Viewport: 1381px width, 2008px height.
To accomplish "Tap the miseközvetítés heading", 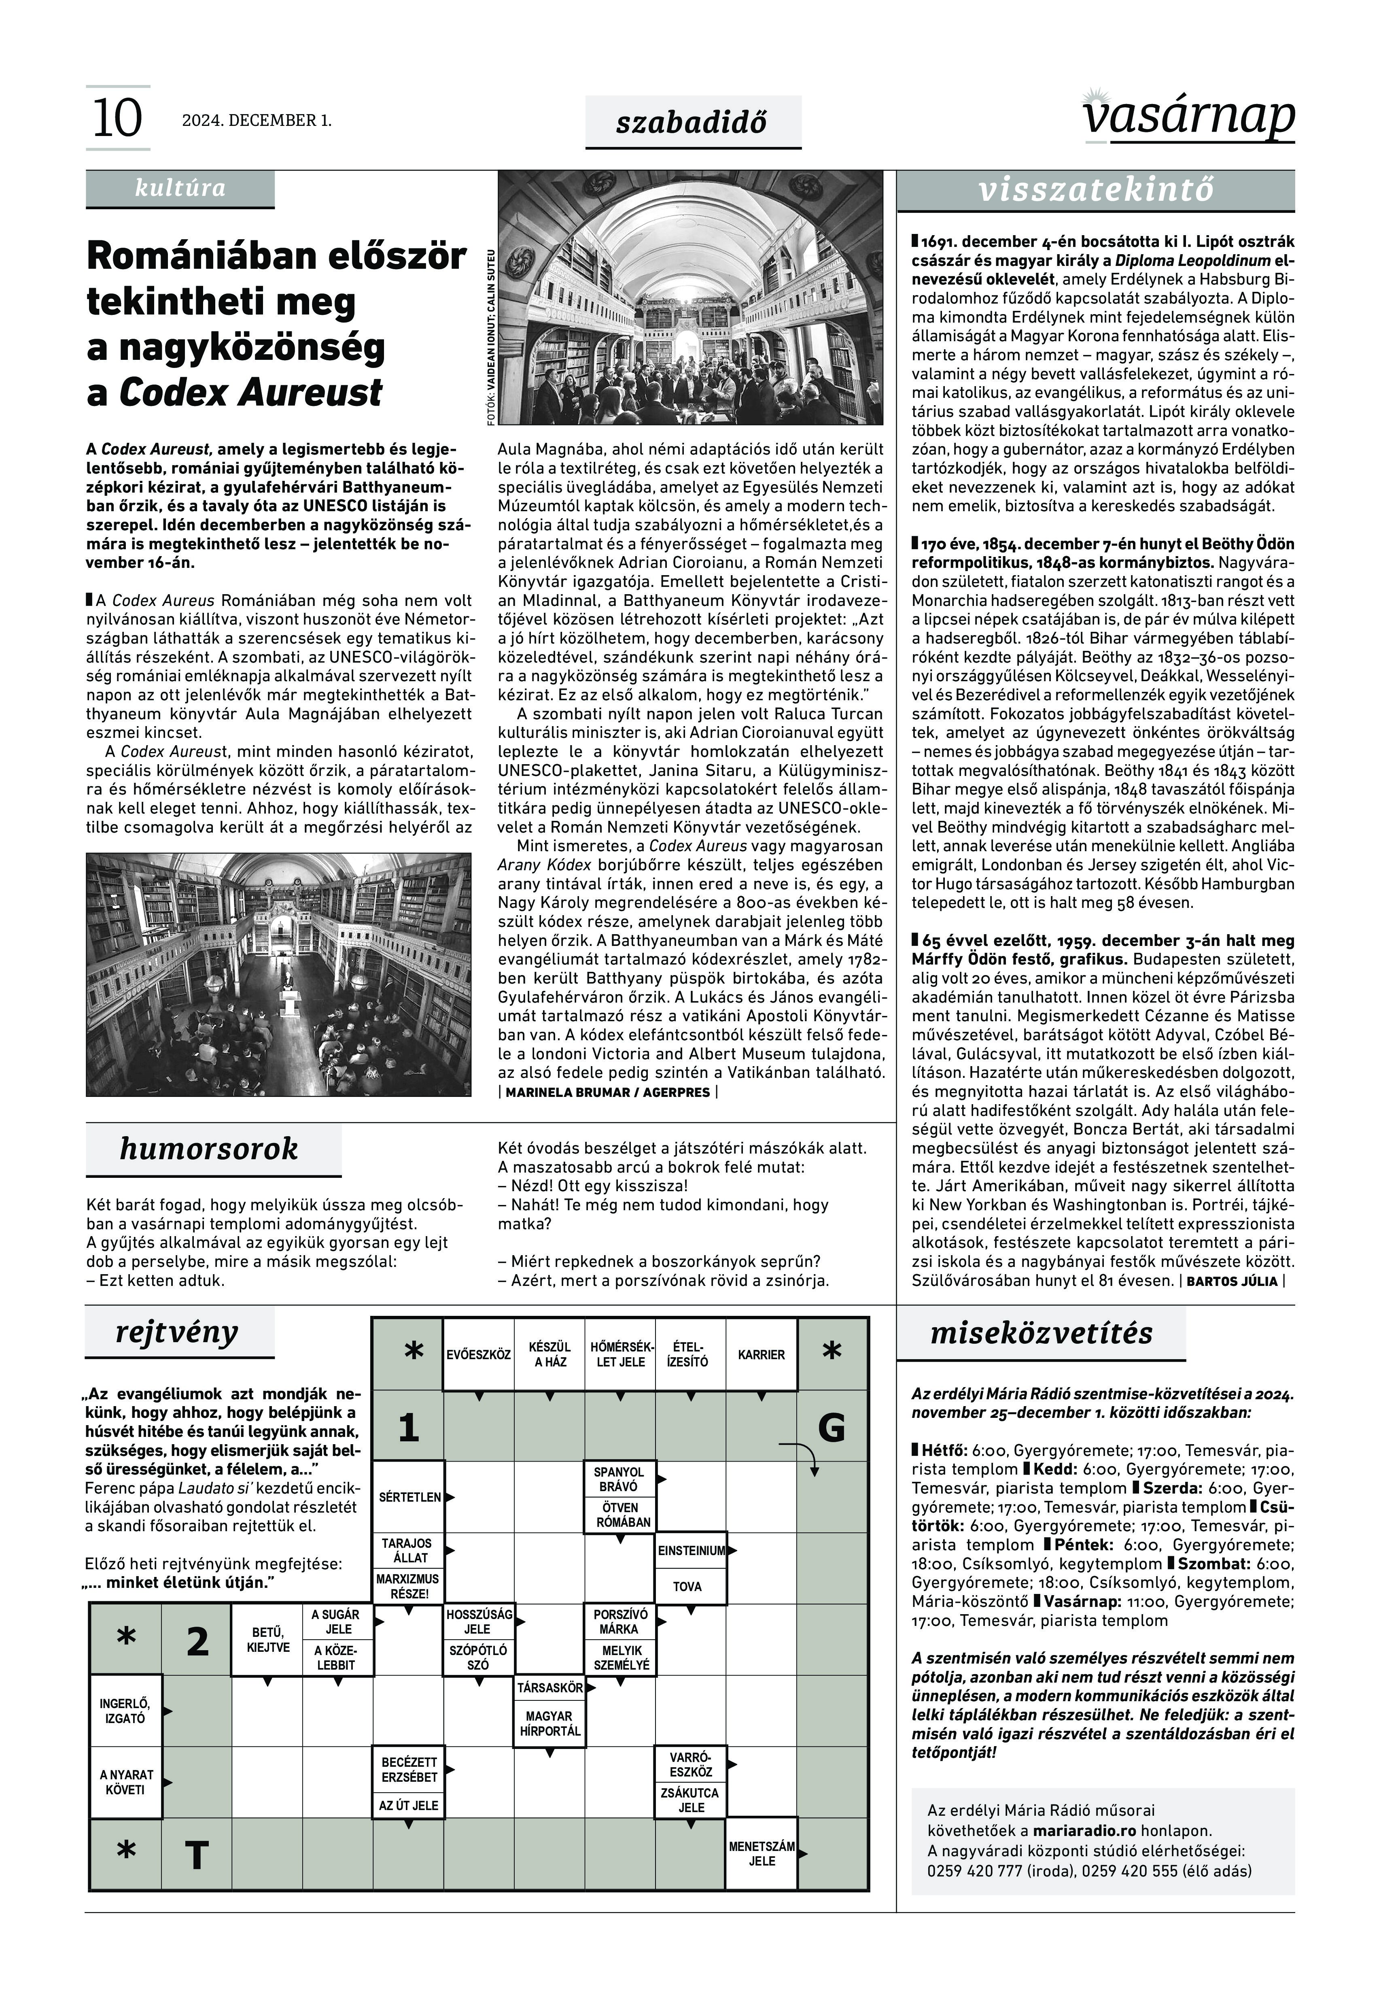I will coord(1041,1333).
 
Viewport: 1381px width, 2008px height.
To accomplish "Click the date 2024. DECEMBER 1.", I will coord(256,120).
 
